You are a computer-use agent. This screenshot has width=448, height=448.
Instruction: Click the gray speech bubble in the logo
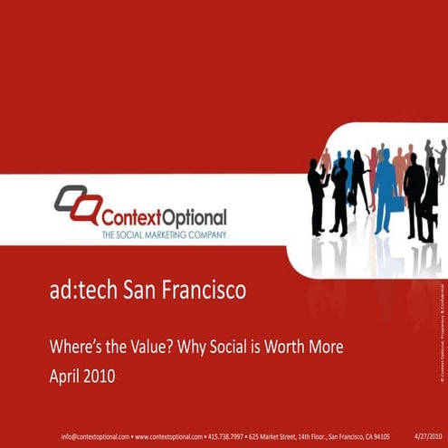coord(67,198)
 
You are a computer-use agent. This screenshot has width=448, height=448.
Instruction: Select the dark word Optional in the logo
coord(194,218)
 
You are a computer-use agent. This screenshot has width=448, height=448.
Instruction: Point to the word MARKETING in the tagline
coord(166,234)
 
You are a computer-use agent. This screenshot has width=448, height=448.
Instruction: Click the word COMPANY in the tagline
coord(205,234)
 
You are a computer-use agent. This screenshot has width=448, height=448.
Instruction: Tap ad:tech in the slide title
coord(78,292)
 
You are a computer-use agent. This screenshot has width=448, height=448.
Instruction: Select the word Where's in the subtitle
coord(74,345)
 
